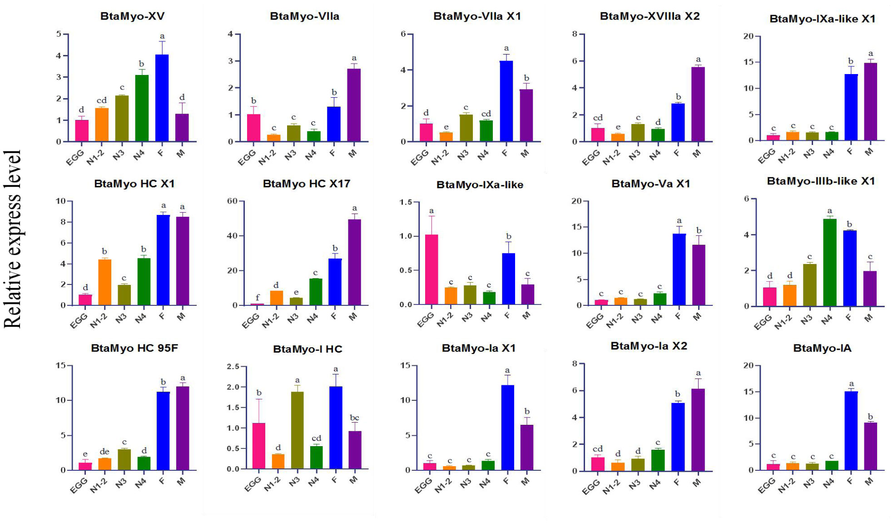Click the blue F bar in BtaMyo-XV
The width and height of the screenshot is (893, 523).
162,98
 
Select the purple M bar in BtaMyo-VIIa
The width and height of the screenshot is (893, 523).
354,105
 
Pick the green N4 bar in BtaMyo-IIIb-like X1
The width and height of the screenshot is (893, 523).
829,263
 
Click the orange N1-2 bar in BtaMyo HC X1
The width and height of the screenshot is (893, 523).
104,282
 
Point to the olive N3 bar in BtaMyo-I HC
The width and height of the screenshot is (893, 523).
297,430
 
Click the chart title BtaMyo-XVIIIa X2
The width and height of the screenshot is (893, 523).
650,16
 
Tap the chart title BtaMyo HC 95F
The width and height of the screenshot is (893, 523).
134,348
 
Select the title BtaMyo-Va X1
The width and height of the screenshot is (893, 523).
650,184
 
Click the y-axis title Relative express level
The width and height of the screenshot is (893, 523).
13,239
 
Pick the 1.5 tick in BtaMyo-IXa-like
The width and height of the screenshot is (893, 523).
406,202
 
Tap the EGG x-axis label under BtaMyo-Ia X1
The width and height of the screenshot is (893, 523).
423,486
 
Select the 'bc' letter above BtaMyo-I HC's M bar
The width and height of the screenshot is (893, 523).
354,418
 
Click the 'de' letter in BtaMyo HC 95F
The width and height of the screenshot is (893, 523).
104,451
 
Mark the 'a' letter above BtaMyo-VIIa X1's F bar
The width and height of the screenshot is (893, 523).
506,48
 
